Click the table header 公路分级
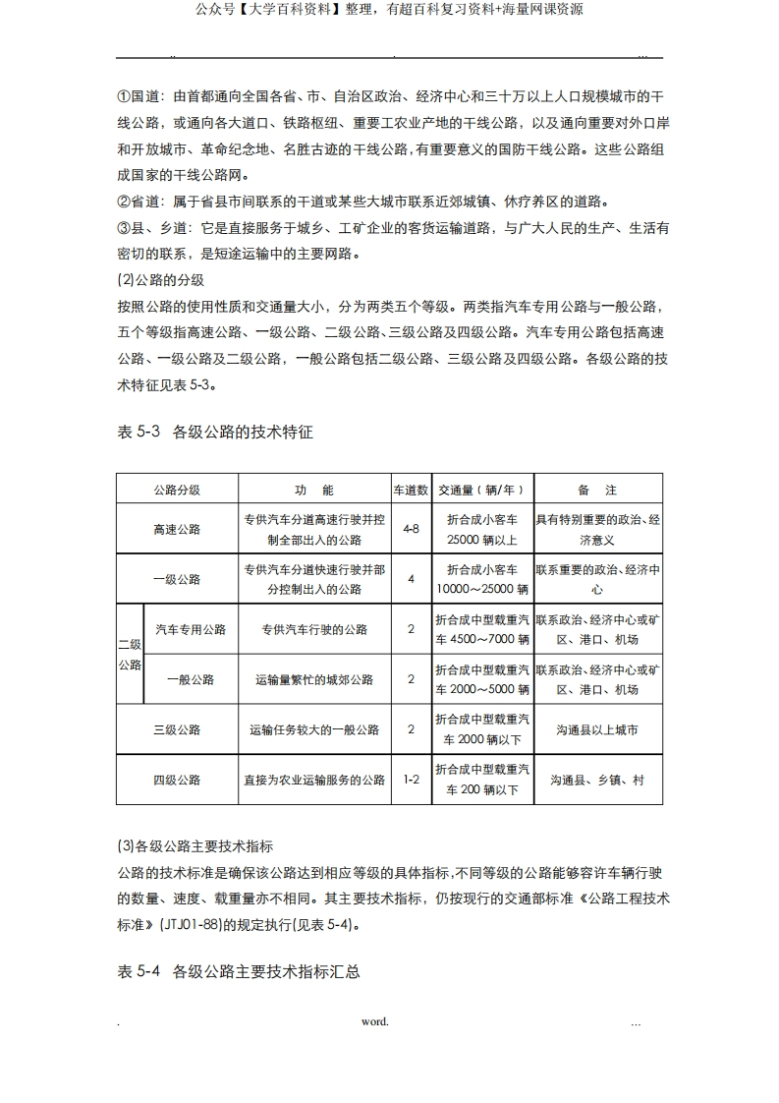click(x=177, y=490)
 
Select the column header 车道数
click(x=411, y=490)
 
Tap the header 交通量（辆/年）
click(x=481, y=490)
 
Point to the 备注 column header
click(x=597, y=490)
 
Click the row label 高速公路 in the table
click(x=177, y=529)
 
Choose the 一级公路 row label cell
click(x=177, y=579)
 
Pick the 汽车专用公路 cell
click(x=191, y=629)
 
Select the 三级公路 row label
click(x=177, y=729)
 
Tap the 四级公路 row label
click(x=177, y=780)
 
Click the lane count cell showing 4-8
click(x=411, y=529)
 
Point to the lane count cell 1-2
click(x=411, y=780)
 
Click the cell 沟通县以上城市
click(x=597, y=729)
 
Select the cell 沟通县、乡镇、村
click(x=597, y=780)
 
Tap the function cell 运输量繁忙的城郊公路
click(x=314, y=679)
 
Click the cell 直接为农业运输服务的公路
click(x=314, y=780)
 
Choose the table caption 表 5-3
click(x=138, y=431)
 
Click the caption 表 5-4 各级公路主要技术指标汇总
click(x=239, y=971)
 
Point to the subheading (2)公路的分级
click(x=160, y=279)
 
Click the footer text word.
click(x=374, y=1021)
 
